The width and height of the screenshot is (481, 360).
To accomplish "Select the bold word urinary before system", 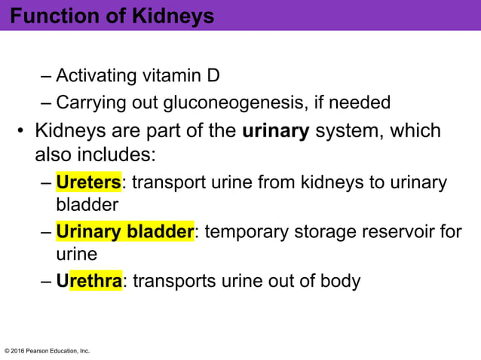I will pyautogui.click(x=276, y=131).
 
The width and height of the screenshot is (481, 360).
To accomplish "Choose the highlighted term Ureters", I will pyautogui.click(x=88, y=182).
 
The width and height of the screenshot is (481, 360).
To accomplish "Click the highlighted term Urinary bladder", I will pyautogui.click(x=125, y=231).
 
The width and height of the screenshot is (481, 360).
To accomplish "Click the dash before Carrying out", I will pyautogui.click(x=45, y=102).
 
